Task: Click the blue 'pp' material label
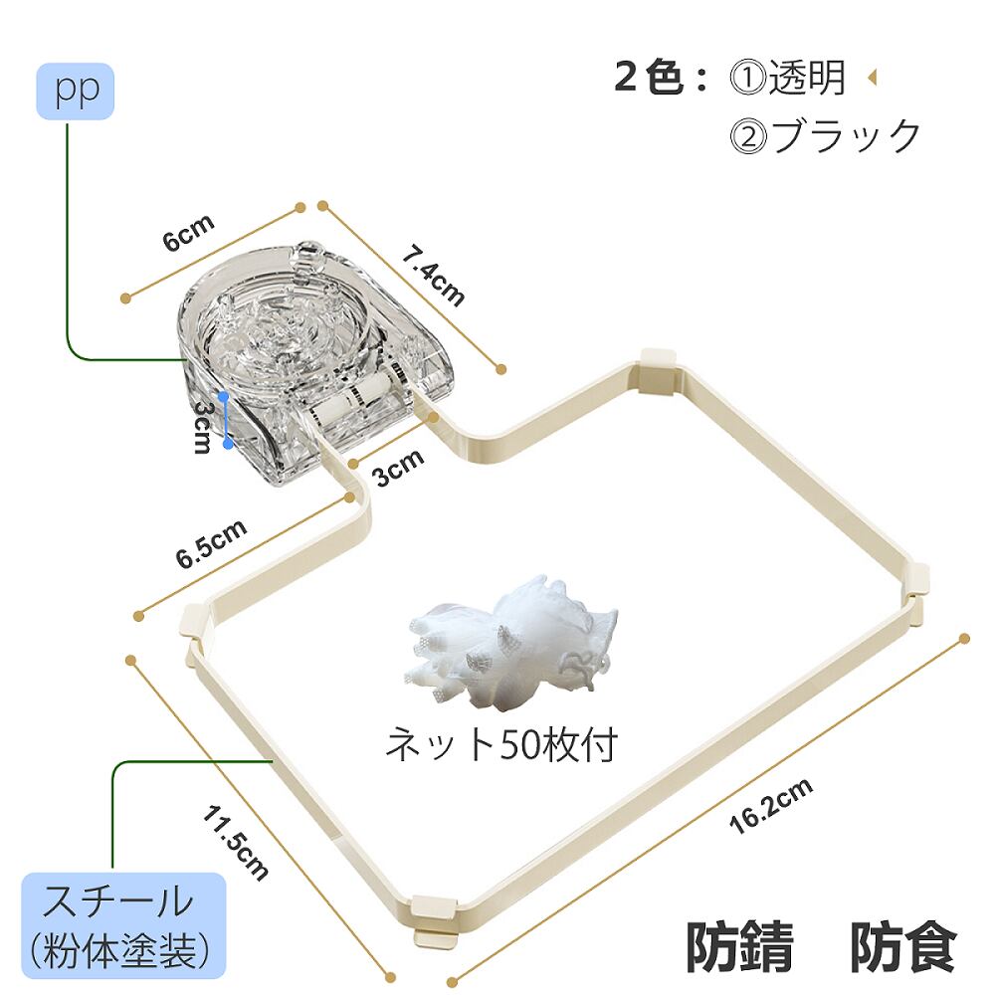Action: (76, 92)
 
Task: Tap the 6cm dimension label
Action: (188, 236)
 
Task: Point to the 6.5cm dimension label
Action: (212, 543)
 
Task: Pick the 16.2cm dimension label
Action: (770, 805)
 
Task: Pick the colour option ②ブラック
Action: (826, 135)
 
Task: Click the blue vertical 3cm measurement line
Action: (227, 419)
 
